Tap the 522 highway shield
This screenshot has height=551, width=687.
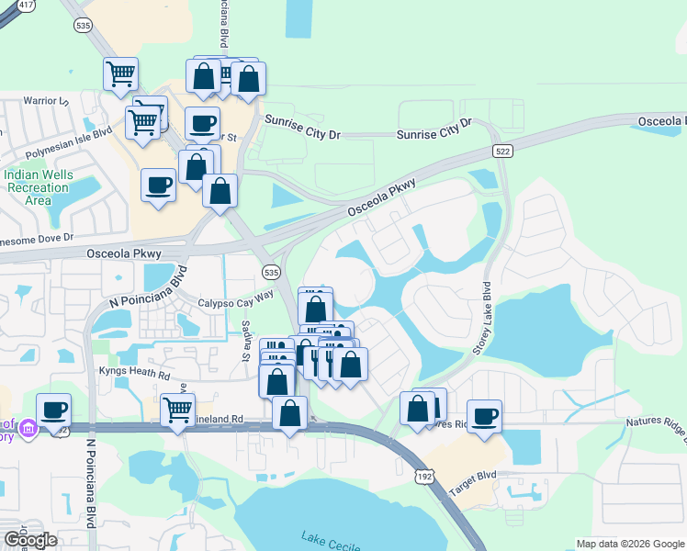point(502,151)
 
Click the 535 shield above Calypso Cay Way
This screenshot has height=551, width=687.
point(270,273)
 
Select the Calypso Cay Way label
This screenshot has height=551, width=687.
point(236,298)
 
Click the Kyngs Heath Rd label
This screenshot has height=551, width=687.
point(134,375)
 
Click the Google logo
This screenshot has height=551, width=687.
point(30,540)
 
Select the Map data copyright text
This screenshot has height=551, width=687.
point(630,544)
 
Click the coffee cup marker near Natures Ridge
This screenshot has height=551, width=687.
point(484,415)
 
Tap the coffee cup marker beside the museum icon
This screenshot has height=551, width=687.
point(54,409)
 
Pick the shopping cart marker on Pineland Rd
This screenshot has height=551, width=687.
point(177,409)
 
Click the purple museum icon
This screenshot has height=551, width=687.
point(28,428)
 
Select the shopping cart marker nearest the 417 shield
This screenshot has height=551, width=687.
point(121,73)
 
